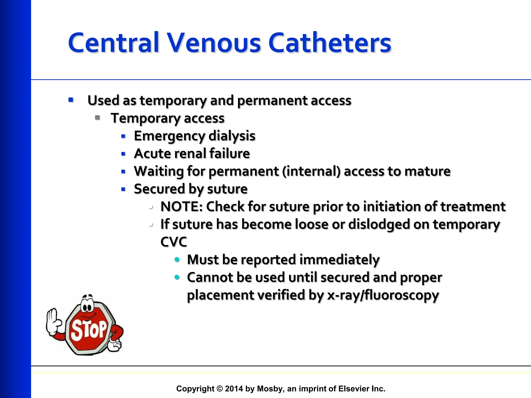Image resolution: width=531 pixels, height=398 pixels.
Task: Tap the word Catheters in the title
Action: (330, 43)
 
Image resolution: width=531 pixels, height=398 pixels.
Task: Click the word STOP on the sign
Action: (89, 330)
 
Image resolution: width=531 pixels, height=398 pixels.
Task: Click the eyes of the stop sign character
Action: (87, 308)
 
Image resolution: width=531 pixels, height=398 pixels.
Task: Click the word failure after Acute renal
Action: (229, 153)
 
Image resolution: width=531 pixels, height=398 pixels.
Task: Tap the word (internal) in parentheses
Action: (311, 171)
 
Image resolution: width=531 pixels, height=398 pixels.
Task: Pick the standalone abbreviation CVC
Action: (173, 242)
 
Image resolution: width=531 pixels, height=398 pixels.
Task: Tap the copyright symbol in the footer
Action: (220, 389)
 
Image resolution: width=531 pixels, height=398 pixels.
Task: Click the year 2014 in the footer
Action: (234, 389)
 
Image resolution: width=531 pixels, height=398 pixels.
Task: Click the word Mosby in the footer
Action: (267, 389)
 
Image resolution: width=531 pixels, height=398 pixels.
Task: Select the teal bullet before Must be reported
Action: (177, 260)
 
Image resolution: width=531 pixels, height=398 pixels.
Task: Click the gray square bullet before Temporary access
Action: (97, 118)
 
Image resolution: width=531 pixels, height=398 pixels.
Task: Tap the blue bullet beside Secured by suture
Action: (123, 189)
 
